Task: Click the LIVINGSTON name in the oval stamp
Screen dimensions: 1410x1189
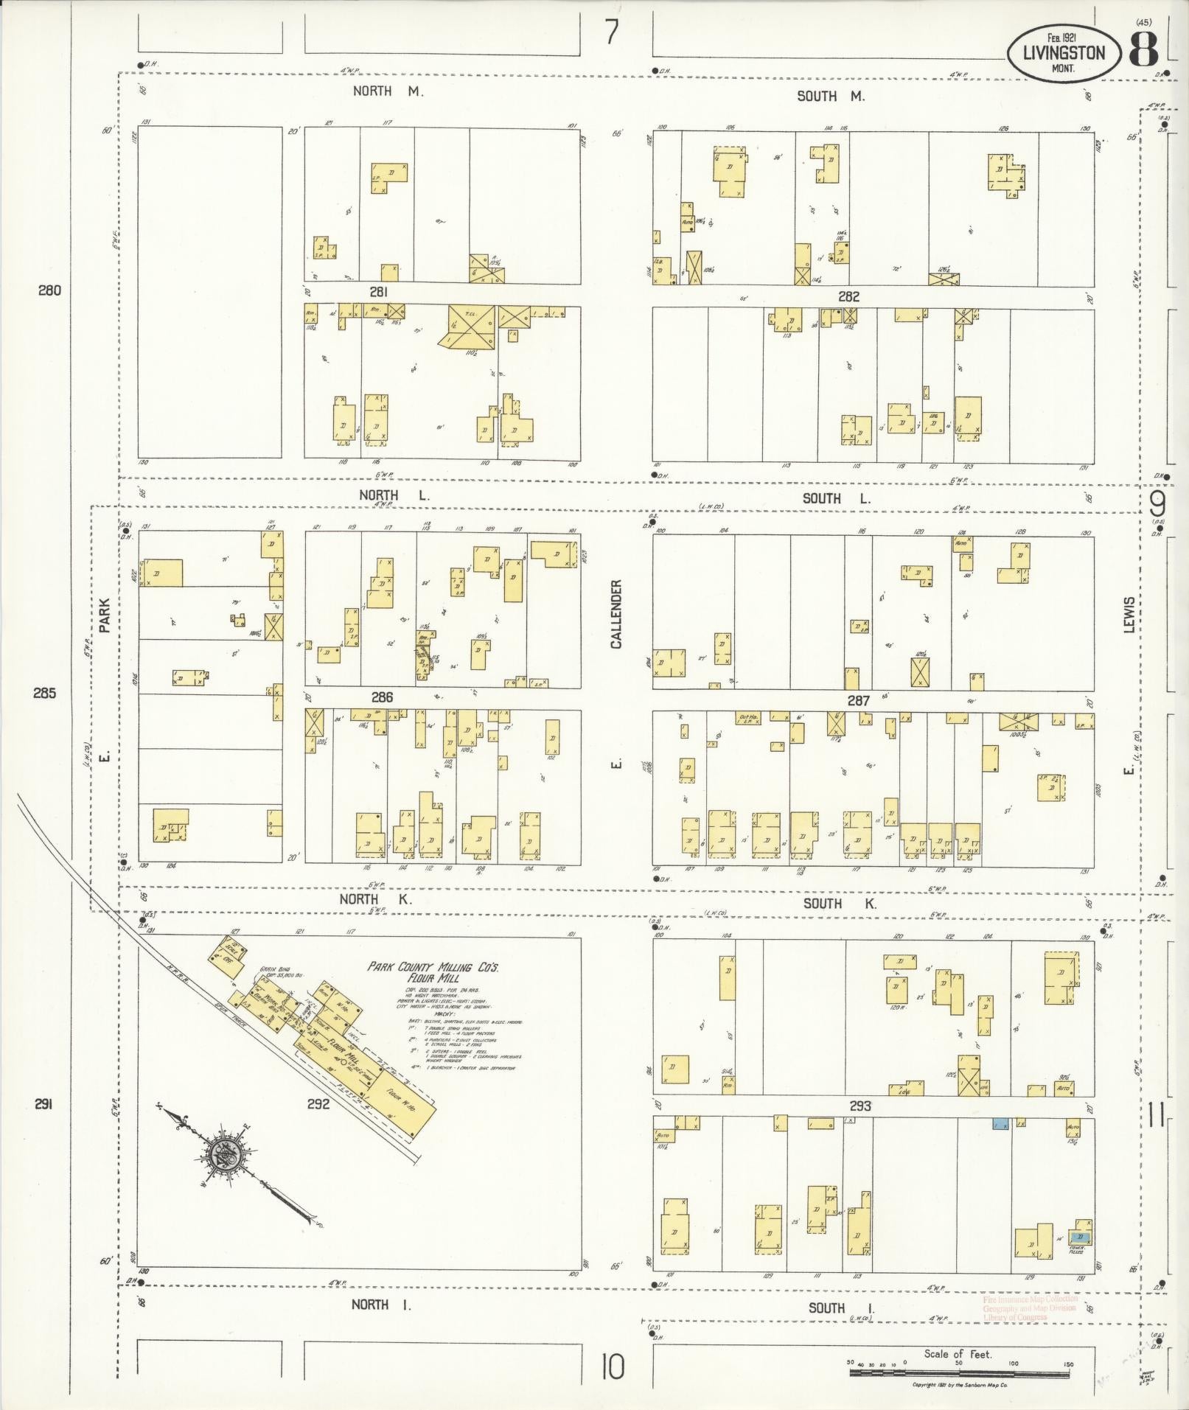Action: click(1064, 52)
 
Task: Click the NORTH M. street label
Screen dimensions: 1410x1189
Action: click(388, 91)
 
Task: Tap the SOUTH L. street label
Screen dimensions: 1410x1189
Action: click(836, 498)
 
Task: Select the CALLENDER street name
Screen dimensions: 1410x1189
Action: click(616, 614)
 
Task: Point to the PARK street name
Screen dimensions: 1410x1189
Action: click(105, 615)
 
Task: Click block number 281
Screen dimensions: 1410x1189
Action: click(379, 293)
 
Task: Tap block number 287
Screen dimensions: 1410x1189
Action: click(858, 701)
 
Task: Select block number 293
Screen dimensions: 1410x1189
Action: click(860, 1106)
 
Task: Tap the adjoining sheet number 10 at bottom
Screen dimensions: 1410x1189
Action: click(612, 1367)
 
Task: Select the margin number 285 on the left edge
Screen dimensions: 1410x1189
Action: click(44, 693)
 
